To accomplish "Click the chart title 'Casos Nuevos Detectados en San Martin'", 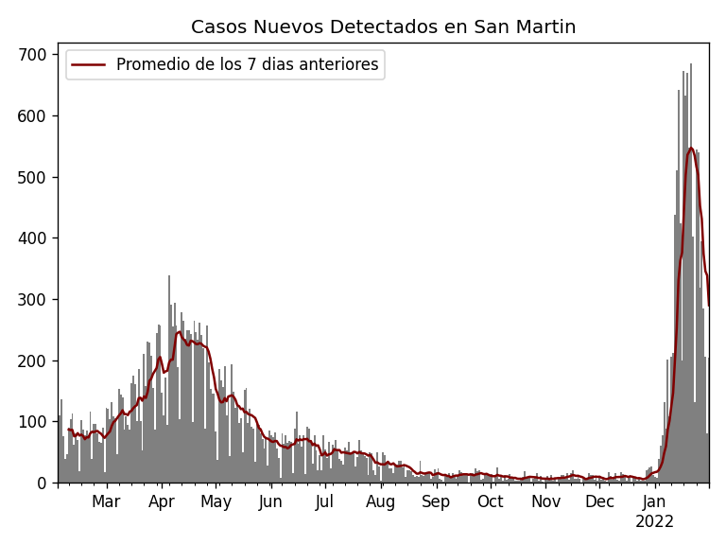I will click(x=383, y=27).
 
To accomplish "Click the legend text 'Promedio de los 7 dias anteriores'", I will click(x=247, y=65).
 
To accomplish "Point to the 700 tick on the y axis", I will click(x=34, y=55).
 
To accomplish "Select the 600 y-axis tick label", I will click(x=34, y=116).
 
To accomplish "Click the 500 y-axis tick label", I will click(x=34, y=178).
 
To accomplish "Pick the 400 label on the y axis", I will click(x=34, y=238).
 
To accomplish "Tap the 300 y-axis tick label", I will click(x=34, y=300).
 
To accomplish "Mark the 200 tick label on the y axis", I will click(x=34, y=361).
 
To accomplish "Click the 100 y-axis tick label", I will click(x=34, y=422).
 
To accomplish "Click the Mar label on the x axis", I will click(x=106, y=502).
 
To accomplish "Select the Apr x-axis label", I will click(x=162, y=502).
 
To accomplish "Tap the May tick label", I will click(x=216, y=502).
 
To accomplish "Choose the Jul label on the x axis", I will click(x=325, y=502).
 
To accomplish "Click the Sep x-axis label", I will click(x=436, y=502).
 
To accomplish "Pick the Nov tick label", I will click(x=545, y=502).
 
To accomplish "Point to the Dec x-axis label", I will click(x=599, y=502).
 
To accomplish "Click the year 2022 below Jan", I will click(x=654, y=522).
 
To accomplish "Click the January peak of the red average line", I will click(x=691, y=148).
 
